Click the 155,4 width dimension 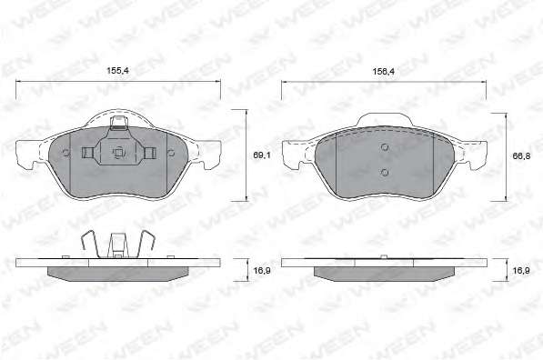(117, 71)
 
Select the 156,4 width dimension (383, 72)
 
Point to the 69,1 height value (262, 155)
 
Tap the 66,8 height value (521, 156)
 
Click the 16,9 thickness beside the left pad (262, 270)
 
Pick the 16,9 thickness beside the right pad (521, 270)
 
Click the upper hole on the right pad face (385, 147)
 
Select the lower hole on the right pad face (385, 172)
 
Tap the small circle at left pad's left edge (65, 153)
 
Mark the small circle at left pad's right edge (171, 153)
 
